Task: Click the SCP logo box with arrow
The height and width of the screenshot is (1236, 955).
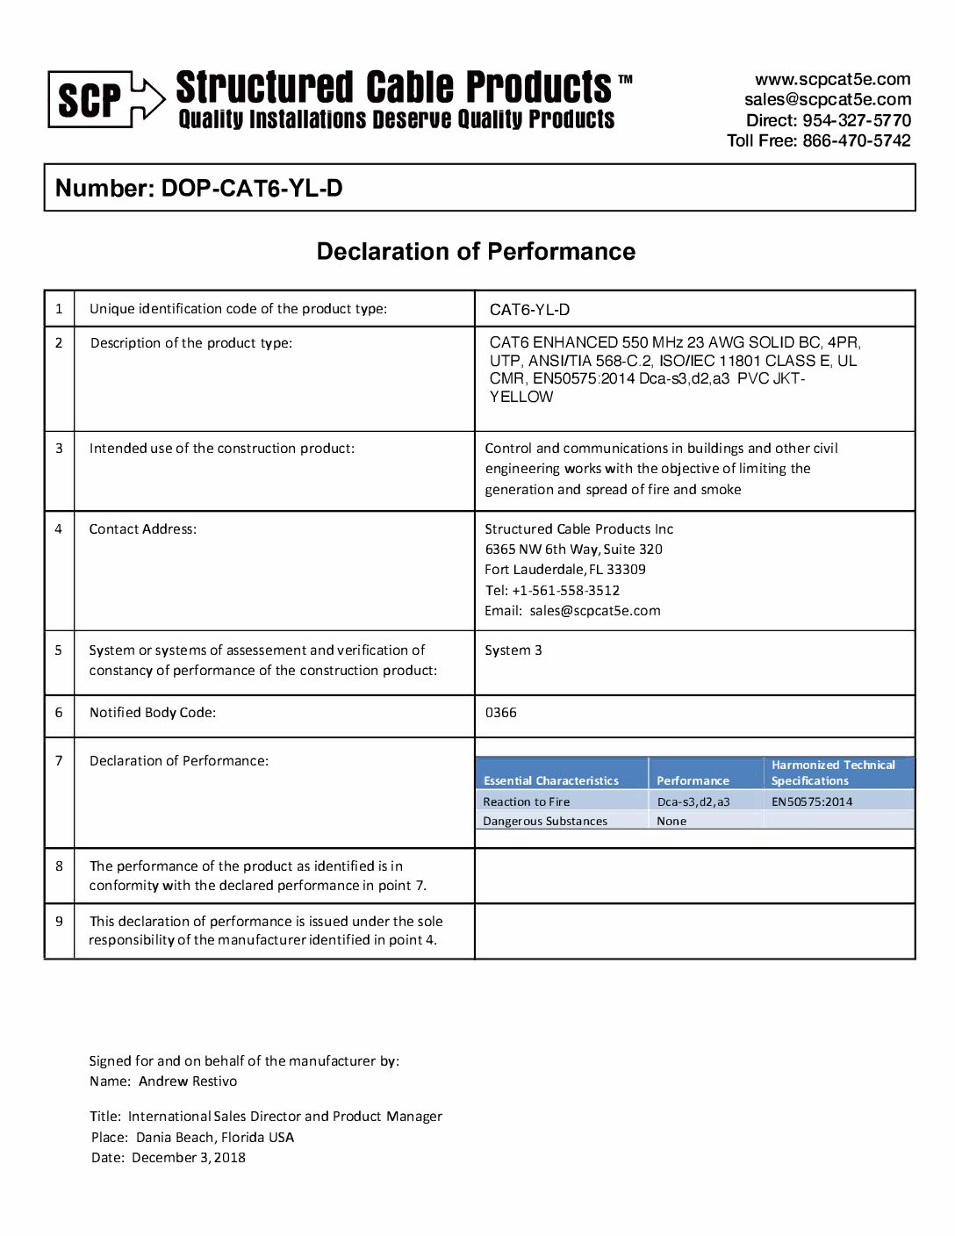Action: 105,99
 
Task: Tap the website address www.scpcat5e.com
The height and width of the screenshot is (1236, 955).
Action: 832,79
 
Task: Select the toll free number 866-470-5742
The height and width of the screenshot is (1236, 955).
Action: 856,140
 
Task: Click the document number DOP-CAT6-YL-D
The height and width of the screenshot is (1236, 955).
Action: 252,188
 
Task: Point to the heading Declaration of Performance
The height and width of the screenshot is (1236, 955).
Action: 476,252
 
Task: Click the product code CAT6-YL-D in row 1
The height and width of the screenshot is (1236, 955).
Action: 529,309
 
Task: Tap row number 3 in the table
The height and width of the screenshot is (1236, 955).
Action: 59,449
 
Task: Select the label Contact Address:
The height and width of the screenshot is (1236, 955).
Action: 142,529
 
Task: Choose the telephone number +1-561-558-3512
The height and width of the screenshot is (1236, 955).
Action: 565,591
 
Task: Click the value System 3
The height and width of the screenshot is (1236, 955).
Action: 513,650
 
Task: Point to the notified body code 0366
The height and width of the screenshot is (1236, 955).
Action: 500,713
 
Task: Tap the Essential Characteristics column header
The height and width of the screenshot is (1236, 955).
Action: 550,780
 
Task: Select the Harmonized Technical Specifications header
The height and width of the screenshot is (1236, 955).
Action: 833,772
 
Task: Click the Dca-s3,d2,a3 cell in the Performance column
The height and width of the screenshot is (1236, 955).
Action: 693,801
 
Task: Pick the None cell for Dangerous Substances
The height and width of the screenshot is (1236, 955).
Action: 671,822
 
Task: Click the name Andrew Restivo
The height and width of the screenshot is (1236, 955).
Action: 188,1081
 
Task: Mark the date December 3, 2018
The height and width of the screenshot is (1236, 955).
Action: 189,1158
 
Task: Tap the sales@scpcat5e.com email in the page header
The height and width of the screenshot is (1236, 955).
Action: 827,99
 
